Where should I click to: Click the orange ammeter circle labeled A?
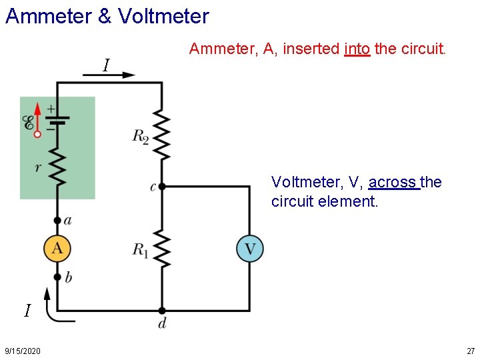click(x=57, y=249)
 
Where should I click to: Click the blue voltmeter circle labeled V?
click(x=250, y=249)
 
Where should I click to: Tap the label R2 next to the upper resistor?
click(x=141, y=137)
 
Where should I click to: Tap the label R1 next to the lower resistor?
click(x=141, y=250)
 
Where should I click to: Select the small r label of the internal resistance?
click(x=38, y=167)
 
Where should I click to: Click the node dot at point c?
click(x=161, y=187)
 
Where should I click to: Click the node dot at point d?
click(x=161, y=311)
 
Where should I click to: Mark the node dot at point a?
click(x=57, y=220)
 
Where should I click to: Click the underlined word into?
click(x=357, y=49)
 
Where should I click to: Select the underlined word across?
click(x=393, y=182)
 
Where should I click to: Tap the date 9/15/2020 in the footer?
click(x=22, y=351)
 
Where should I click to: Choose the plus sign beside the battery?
click(x=51, y=108)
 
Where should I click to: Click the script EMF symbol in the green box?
click(x=28, y=123)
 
